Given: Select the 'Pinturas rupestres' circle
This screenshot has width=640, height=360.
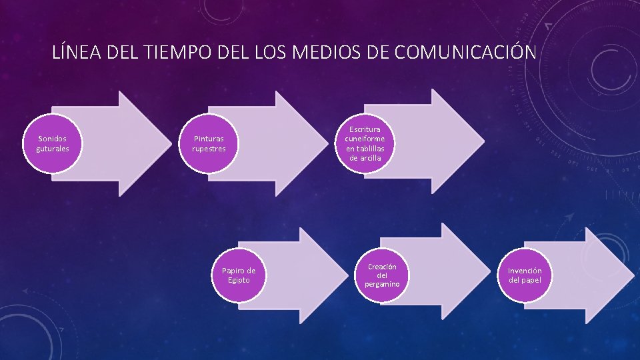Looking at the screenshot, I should tap(209, 143).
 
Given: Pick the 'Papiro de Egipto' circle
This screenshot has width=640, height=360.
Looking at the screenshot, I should tap(239, 275).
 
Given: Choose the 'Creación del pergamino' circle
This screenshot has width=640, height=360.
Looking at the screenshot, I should tap(382, 275).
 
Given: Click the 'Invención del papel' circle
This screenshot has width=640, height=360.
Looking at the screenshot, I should tap(525, 275).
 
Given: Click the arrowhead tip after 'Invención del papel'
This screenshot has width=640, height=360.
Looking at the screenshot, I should tap(633, 275).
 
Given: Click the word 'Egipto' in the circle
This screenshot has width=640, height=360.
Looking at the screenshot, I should tap(239, 280).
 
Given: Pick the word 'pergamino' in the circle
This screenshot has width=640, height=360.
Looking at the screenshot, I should tap(382, 285).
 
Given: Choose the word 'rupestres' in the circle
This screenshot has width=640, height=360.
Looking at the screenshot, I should tap(209, 149).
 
